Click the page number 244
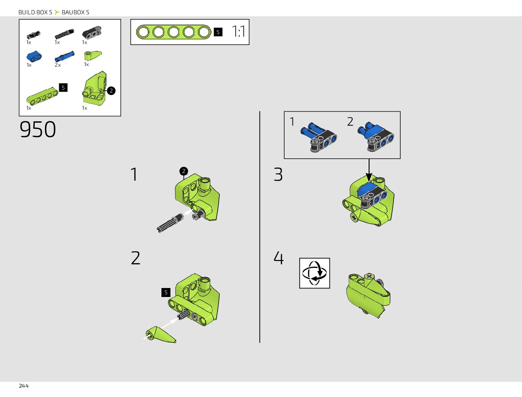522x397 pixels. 24,386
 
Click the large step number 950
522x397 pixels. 38,129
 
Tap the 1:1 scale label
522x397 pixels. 238,32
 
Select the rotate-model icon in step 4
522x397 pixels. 315,273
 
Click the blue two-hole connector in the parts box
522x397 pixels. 34,56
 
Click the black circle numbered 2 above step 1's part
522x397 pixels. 183,171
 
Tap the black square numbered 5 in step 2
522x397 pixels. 166,292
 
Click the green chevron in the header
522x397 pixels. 57,12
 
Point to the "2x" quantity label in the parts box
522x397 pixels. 58,65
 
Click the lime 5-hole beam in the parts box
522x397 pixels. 42,95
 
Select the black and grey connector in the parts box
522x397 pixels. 92,33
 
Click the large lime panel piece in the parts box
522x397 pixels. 94,88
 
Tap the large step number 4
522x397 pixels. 279,258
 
